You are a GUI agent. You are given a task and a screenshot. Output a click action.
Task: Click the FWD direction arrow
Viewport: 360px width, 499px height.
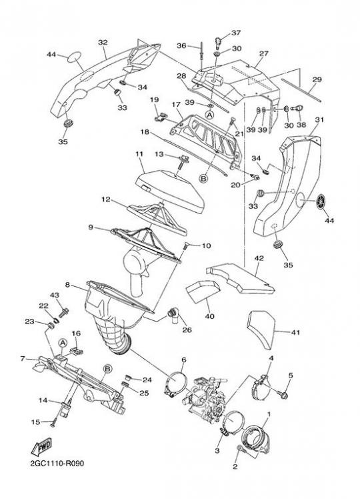(x=41, y=447)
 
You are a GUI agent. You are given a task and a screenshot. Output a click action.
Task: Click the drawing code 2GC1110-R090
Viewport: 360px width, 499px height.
(x=57, y=463)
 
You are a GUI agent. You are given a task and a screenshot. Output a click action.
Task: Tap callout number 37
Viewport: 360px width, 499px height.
(x=236, y=33)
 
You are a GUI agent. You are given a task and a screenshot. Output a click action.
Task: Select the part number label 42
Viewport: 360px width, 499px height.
(x=259, y=258)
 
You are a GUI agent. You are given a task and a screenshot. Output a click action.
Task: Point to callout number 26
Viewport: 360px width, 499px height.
(x=187, y=330)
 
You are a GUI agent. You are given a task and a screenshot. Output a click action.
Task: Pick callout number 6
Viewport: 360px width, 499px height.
(x=184, y=360)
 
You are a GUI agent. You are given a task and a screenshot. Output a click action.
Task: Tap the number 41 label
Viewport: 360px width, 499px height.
(x=295, y=332)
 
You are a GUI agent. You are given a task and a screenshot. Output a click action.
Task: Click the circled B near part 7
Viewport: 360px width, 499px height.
(x=108, y=368)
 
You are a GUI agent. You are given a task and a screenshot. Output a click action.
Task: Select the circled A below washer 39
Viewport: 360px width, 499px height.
(x=209, y=115)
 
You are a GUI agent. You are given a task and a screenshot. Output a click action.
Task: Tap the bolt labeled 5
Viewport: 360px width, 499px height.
(x=283, y=395)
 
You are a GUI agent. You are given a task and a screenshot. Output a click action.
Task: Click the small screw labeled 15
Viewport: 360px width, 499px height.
(x=53, y=424)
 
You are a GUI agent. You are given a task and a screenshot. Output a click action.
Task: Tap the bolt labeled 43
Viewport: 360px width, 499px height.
(x=64, y=312)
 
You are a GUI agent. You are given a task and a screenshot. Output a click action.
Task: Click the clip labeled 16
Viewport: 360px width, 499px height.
(x=76, y=351)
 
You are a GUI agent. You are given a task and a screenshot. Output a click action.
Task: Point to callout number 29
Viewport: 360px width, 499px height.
(x=317, y=79)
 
